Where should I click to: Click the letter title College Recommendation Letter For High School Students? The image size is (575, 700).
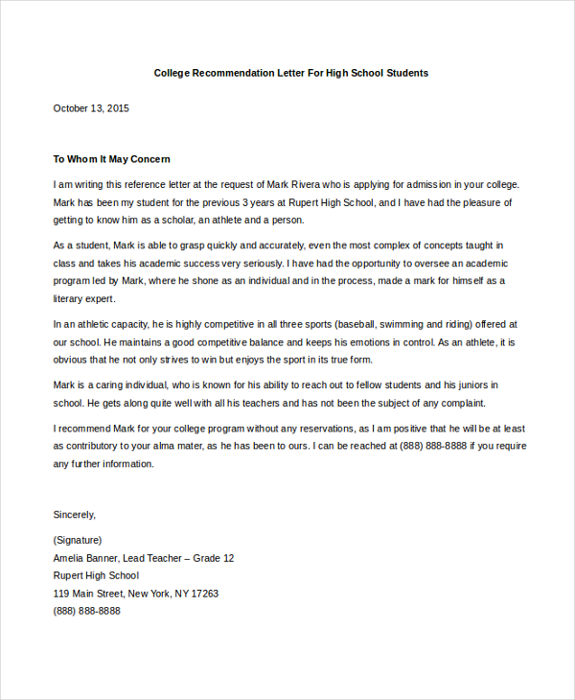pyautogui.click(x=291, y=73)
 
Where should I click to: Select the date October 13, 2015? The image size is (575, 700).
pyautogui.click(x=91, y=108)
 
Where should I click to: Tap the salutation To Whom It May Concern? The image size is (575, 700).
pyautogui.click(x=111, y=159)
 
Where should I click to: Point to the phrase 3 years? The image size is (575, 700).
pyautogui.click(x=258, y=203)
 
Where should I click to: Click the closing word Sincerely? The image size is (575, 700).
pyautogui.click(x=75, y=514)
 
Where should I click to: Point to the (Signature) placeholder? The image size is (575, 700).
pyautogui.click(x=78, y=540)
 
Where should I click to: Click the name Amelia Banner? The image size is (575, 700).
pyautogui.click(x=86, y=558)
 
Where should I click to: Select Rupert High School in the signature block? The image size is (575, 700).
pyautogui.click(x=96, y=575)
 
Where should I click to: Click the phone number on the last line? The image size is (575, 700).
pyautogui.click(x=87, y=611)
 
